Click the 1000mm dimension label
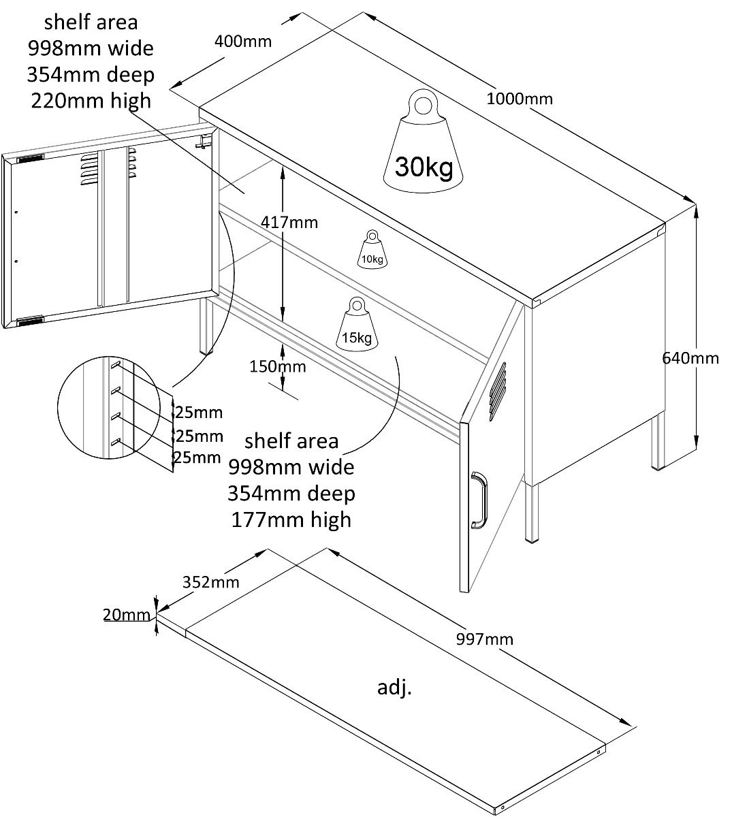520,99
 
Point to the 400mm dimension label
243,41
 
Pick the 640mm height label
690,357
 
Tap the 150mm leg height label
277,367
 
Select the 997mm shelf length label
486,639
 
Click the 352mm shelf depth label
211,581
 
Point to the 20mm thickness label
126,615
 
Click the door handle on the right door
479,500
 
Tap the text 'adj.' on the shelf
395,688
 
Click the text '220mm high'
91,101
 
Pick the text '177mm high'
291,519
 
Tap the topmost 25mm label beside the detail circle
198,412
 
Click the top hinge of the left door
29,159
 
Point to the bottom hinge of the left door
29,320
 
